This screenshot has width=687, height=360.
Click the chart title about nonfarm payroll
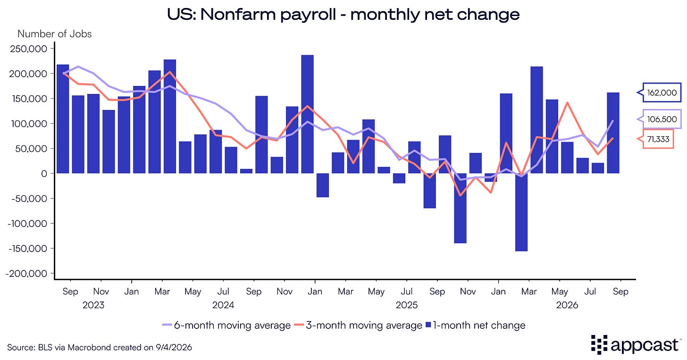[x=343, y=15]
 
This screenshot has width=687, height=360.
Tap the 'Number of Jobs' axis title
[x=55, y=33]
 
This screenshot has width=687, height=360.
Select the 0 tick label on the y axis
[x=44, y=174]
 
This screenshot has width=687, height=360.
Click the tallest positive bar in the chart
[x=307, y=114]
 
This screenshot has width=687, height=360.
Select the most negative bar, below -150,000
[x=521, y=212]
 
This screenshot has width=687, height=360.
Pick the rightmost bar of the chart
[x=613, y=133]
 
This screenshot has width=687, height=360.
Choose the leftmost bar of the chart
[x=63, y=119]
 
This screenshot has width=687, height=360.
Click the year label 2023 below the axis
[x=93, y=305]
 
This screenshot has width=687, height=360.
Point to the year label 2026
[x=567, y=305]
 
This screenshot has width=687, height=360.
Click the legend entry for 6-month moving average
[x=226, y=325]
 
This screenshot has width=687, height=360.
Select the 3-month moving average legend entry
[x=358, y=325]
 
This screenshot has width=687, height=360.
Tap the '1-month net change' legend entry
[x=476, y=325]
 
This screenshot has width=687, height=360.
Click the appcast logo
[x=635, y=345]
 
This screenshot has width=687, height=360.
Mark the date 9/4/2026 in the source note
[x=174, y=347]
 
